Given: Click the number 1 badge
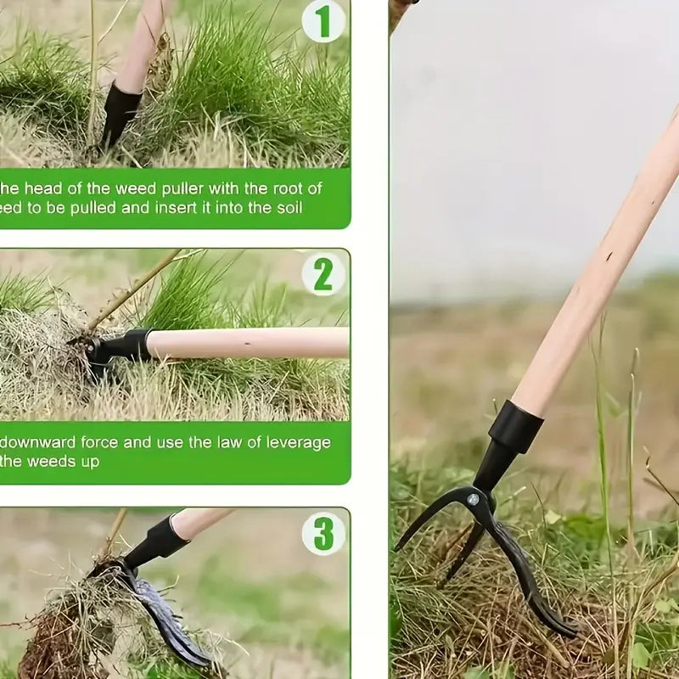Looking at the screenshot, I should click(323, 20).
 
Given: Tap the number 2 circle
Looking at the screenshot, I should click(323, 274).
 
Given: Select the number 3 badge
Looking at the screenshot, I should click(323, 533).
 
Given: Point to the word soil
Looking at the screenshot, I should click(285, 207).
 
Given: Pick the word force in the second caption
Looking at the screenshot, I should click(103, 443).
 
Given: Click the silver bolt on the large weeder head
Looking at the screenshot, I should click(472, 500).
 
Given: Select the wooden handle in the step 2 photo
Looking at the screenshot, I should click(246, 343).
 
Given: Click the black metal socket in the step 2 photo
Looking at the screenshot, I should click(123, 346).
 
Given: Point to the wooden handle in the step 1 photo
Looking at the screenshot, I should click(140, 42).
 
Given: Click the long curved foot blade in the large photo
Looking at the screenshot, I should click(526, 577).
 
